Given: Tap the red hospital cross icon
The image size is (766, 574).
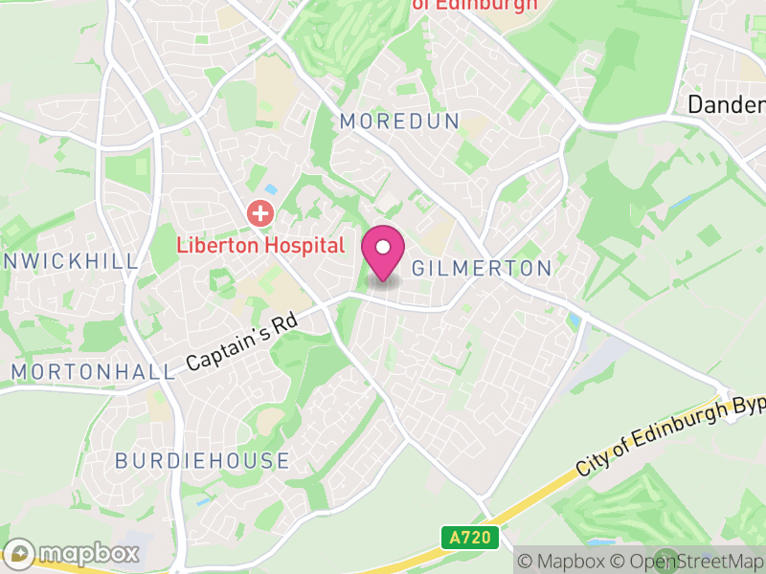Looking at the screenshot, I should (259, 212).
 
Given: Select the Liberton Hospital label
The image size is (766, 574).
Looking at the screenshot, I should (259, 245).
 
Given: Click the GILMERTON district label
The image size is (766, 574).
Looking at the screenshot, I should (482, 269).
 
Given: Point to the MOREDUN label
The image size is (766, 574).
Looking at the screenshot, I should (400, 121).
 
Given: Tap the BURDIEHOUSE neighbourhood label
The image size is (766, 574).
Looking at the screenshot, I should (202, 460).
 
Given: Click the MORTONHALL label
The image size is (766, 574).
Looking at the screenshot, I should (93, 371).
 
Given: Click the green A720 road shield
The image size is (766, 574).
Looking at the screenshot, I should (470, 538).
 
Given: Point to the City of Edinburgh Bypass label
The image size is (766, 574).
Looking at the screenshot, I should (670, 436).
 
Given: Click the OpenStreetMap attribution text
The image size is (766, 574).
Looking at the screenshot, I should (694, 561).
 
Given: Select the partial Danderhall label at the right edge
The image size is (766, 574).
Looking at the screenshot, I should (727, 104).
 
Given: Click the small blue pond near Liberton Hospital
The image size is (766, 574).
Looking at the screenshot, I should (270, 189).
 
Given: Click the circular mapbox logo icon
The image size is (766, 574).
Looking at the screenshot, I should (19, 553).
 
